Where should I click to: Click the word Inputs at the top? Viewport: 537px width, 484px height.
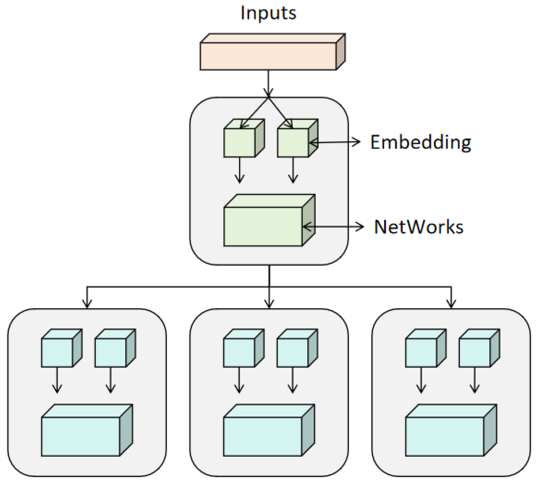(268, 13)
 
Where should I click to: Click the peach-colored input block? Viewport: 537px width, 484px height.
(268, 56)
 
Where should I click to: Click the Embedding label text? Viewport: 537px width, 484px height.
(420, 142)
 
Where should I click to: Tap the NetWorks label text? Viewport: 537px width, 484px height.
(419, 227)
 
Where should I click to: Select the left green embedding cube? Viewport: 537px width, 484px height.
(240, 142)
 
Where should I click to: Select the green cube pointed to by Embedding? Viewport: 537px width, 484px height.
(293, 142)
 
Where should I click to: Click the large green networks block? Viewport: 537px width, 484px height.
(263, 226)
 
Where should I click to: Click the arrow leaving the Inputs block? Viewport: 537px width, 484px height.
(268, 82)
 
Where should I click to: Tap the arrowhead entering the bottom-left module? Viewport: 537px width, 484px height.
(87, 303)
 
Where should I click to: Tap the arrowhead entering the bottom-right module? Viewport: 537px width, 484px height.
(451, 303)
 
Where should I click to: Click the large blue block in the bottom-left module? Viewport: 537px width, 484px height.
(81, 436)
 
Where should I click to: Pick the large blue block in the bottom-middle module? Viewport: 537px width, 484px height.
(263, 436)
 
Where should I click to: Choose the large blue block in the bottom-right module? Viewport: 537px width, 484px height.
(445, 436)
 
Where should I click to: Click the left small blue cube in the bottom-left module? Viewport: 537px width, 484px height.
(57, 352)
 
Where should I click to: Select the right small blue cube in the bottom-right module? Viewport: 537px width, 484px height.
(475, 352)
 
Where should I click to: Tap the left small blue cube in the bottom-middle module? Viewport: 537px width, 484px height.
(239, 352)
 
